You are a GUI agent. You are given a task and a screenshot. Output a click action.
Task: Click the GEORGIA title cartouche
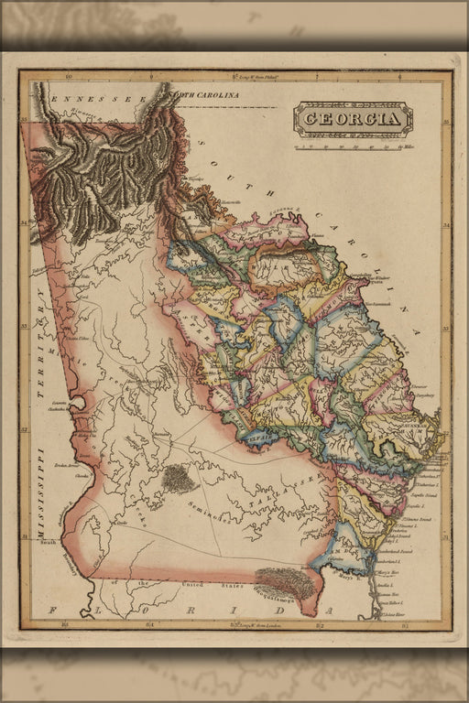[353, 119]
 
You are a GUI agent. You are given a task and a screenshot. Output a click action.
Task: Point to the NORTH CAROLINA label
[210, 94]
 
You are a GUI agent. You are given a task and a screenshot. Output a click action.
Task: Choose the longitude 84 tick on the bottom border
[149, 625]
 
